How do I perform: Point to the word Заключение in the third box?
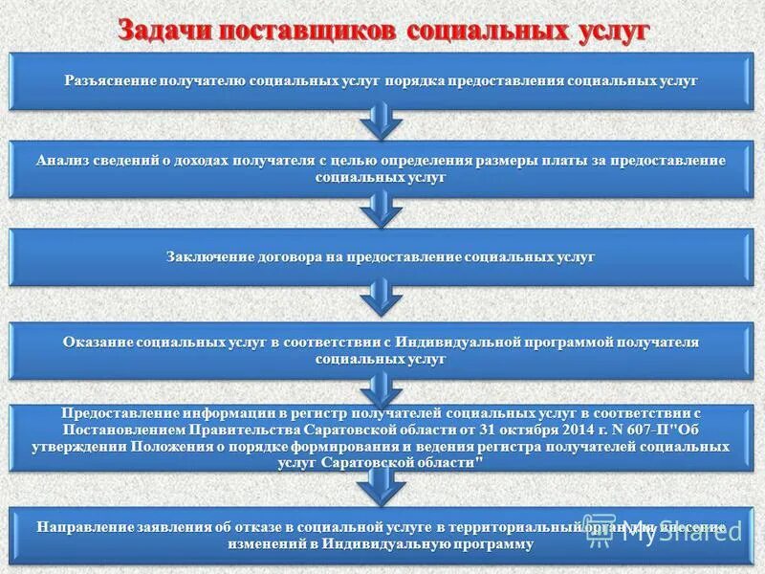point(205,257)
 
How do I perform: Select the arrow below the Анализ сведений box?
point(381,210)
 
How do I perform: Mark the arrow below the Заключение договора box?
point(381,298)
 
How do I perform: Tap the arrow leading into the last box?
point(381,488)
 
